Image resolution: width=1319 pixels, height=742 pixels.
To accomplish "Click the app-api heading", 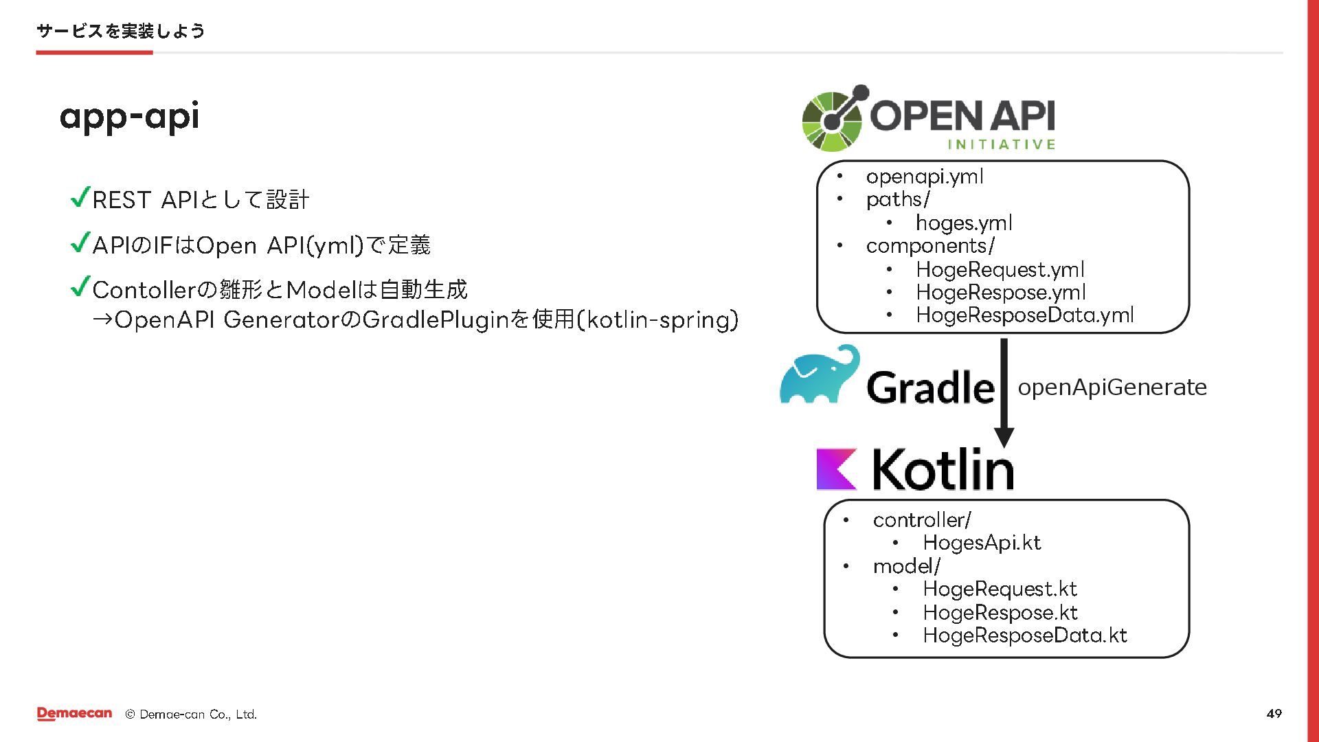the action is [129, 117].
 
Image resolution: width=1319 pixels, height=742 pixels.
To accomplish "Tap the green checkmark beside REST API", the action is [80, 198].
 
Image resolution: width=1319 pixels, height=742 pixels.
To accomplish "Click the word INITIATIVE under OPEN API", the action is [1001, 144].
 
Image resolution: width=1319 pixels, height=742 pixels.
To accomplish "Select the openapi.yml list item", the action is [924, 177].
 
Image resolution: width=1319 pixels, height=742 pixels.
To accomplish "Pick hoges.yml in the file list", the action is [963, 223].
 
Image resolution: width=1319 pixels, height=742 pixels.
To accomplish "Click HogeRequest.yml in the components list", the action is [1000, 269].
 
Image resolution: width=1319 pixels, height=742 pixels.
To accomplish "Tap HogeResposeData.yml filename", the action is [1024, 315].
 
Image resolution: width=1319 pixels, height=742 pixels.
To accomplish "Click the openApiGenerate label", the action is [1112, 387].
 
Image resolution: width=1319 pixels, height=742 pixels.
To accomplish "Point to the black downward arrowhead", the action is [1004, 437].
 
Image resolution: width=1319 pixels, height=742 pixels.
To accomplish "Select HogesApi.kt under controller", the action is [981, 543].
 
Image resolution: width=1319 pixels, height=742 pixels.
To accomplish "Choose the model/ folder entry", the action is [906, 566].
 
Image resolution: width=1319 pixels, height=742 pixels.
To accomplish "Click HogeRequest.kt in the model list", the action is [1000, 589].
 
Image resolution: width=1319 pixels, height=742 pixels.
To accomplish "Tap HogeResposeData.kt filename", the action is [1024, 636].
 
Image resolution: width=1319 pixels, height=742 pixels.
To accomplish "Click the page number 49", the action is [1274, 714].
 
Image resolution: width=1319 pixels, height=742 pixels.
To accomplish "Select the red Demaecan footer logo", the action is [74, 714].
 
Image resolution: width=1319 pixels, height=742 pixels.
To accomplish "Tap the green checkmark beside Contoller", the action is [80, 286].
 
